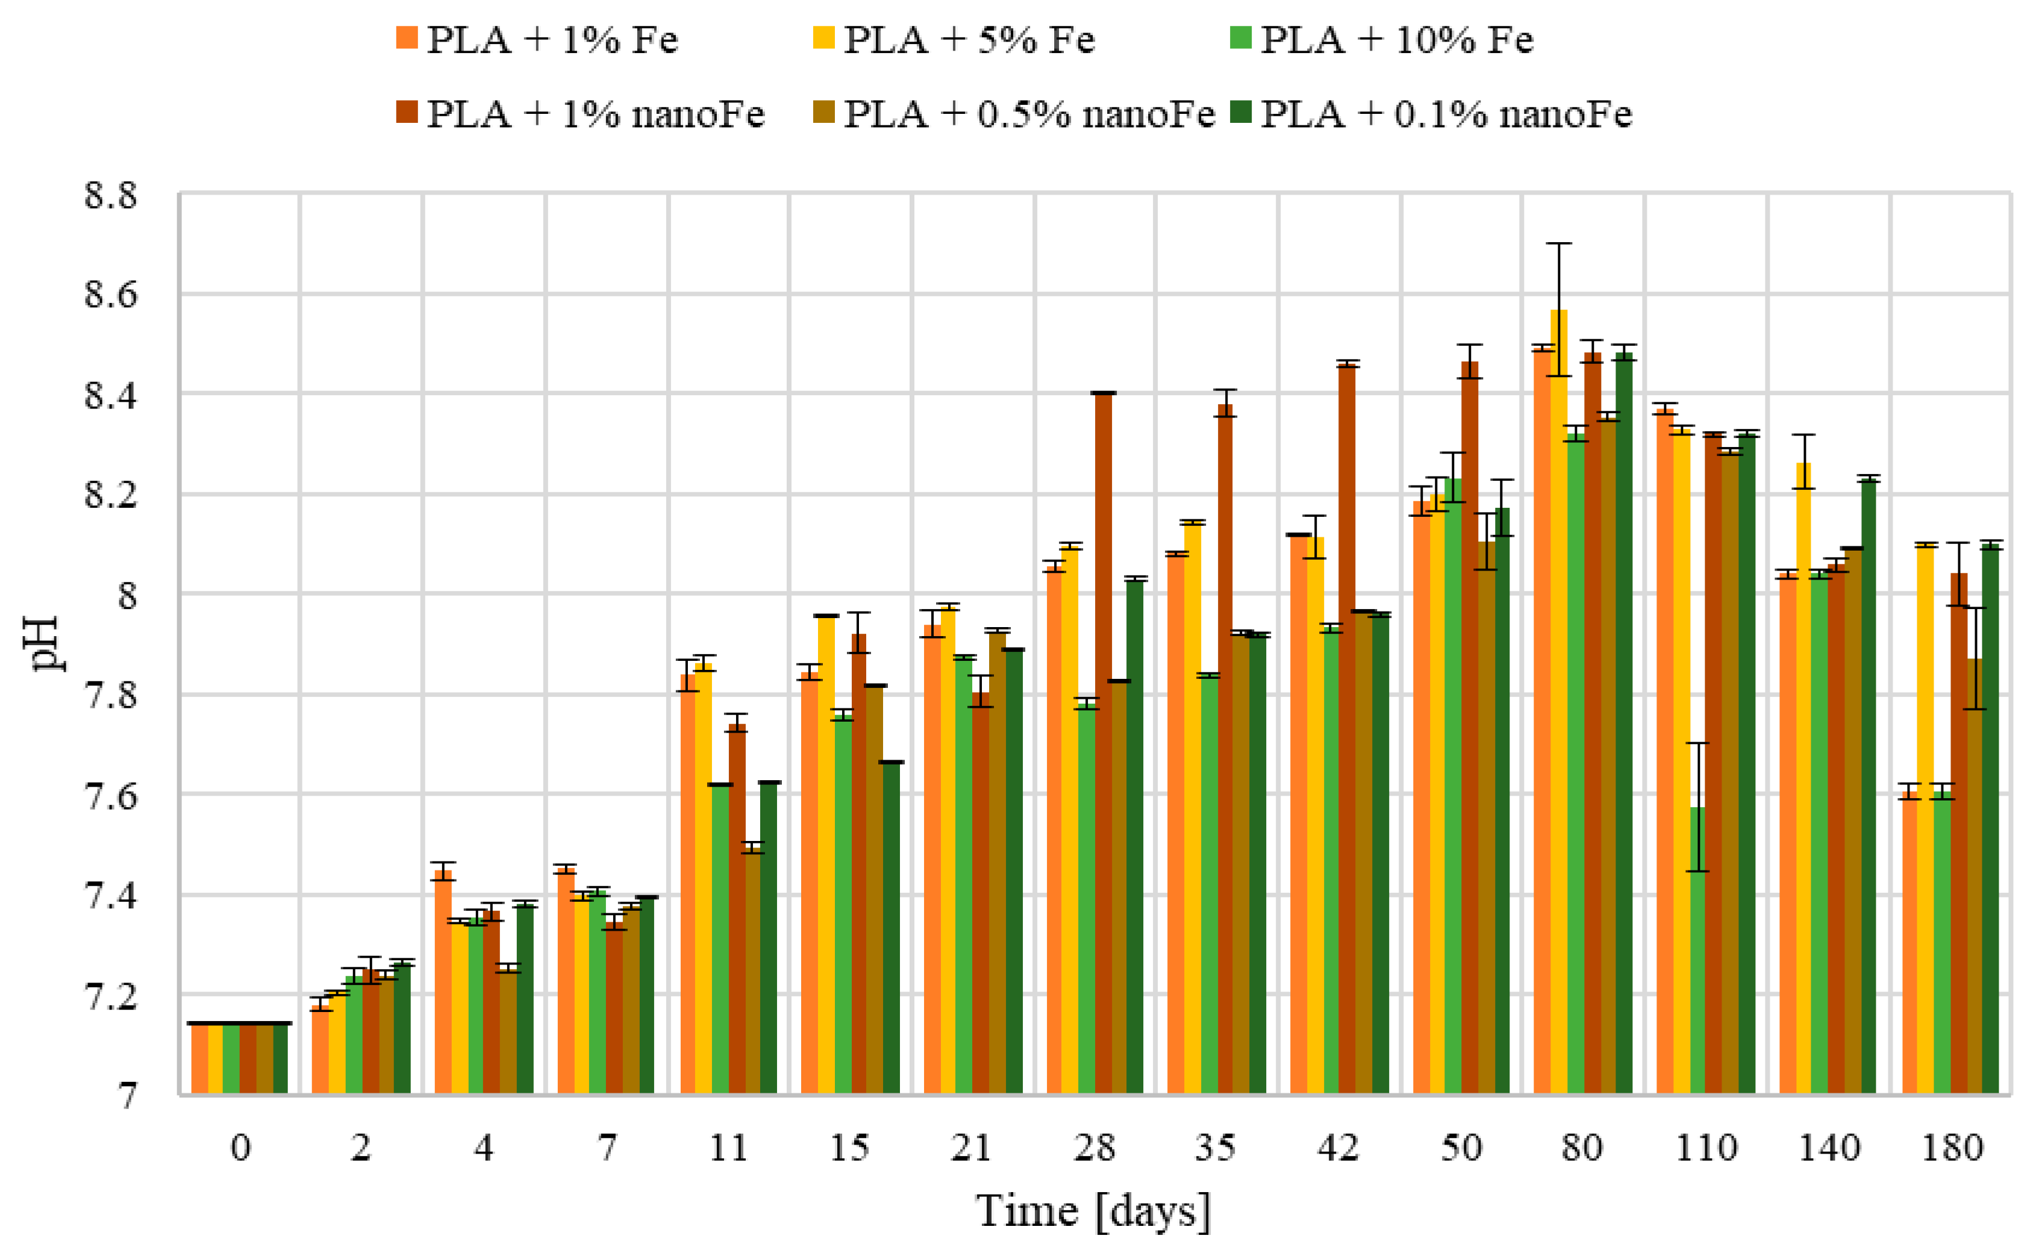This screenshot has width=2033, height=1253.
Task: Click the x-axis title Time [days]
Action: [1093, 1211]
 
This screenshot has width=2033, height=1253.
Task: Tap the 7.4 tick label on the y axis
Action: [110, 896]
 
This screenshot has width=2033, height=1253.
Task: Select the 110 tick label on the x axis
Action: [1706, 1148]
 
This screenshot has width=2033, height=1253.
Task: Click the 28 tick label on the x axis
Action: [1095, 1148]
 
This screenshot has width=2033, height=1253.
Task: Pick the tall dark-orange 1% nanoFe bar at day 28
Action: [1103, 746]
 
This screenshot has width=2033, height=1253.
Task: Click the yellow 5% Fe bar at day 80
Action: [1558, 704]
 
